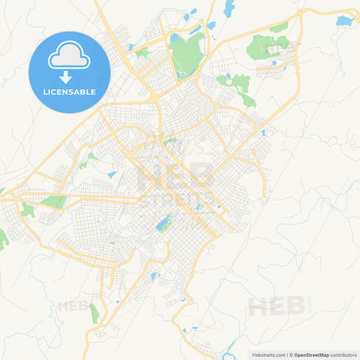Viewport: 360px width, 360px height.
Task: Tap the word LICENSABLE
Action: (x=69, y=92)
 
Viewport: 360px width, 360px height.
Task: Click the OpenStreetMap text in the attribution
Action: (x=311, y=355)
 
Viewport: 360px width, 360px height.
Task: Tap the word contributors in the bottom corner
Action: (x=343, y=355)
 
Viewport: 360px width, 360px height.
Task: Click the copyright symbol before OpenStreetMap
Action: (x=291, y=355)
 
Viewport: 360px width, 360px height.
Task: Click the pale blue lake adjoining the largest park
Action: (x=176, y=38)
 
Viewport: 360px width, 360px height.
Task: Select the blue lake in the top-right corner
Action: (x=344, y=21)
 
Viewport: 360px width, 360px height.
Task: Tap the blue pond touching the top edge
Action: (x=229, y=8)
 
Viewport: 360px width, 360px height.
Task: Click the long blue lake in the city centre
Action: (x=164, y=222)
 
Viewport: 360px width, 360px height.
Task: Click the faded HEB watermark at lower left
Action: (x=73, y=306)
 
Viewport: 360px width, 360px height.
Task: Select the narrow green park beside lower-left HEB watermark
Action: (x=94, y=313)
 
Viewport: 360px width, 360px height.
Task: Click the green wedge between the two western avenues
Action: (x=54, y=201)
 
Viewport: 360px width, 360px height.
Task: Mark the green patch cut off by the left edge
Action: (x=3, y=238)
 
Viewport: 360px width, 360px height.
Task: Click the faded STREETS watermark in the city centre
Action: (x=177, y=198)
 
